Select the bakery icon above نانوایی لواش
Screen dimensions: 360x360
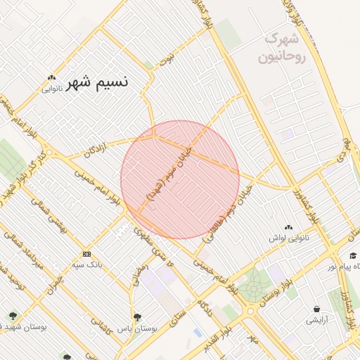289,227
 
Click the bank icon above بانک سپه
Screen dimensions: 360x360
86,254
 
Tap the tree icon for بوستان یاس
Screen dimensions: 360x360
137,317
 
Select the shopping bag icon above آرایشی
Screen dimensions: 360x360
316,309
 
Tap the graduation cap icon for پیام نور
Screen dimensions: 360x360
353,256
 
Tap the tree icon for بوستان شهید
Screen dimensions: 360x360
13,316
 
